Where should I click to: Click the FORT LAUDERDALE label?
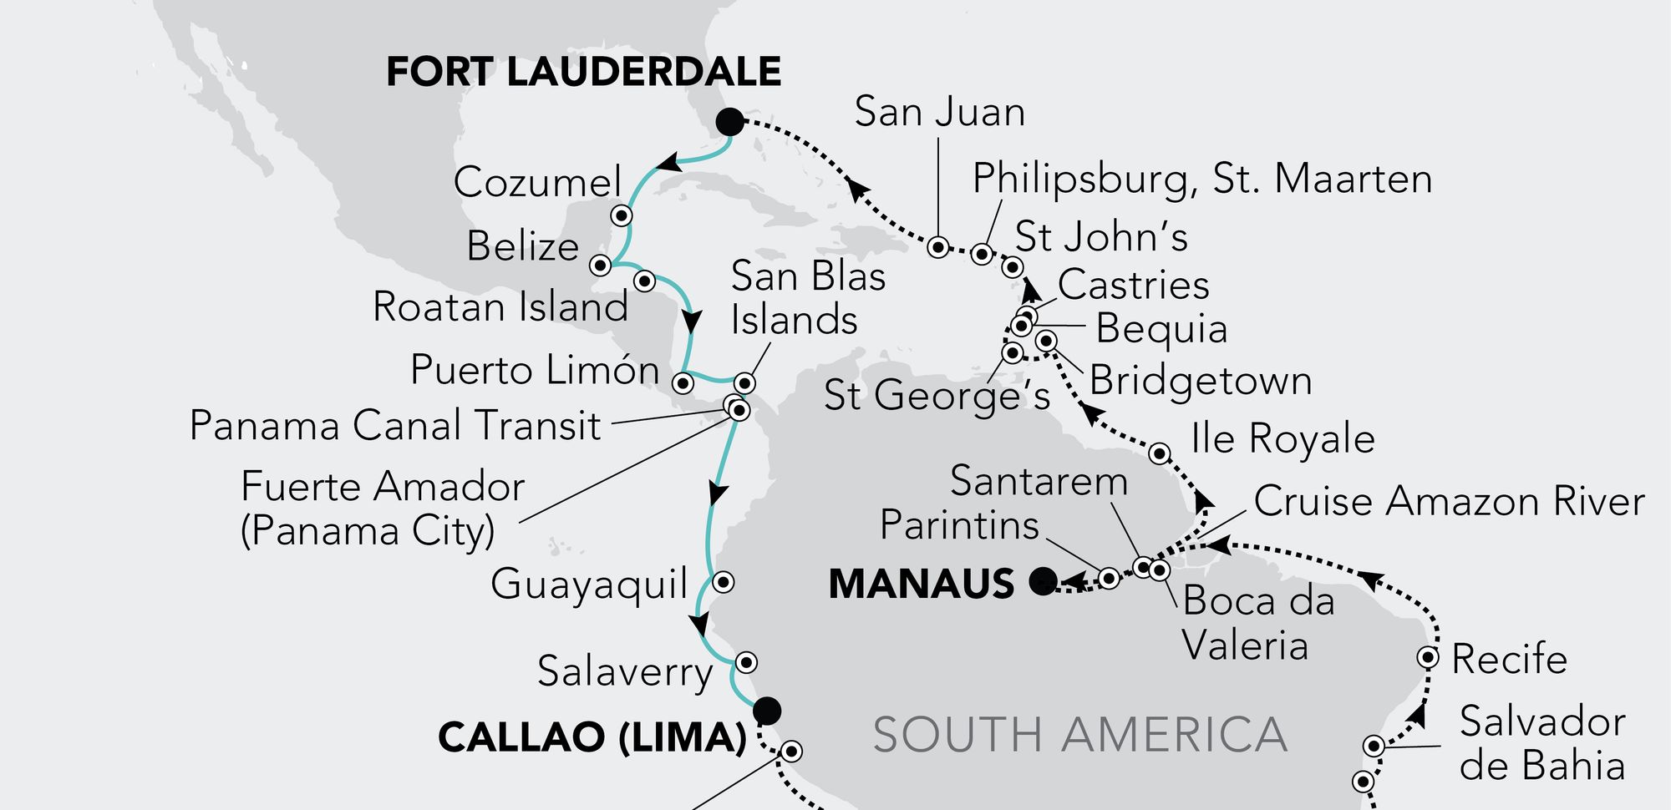583,72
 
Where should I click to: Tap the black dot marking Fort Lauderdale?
729,122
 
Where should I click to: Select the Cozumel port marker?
622,215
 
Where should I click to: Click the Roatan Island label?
500,306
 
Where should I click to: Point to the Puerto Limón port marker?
683,383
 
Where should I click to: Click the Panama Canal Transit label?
395,426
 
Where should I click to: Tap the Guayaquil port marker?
724,581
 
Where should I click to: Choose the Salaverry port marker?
746,662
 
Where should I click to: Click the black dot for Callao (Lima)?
766,711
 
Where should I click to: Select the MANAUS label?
921,584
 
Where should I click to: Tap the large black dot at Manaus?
1043,580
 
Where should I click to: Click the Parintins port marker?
1108,578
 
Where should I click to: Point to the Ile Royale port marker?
1159,453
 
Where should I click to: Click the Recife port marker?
1428,657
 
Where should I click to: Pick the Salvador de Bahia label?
1541,743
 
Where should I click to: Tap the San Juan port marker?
938,246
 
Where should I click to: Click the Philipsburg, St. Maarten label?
1202,180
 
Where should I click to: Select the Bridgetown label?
1201,381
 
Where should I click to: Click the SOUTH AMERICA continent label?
1079,735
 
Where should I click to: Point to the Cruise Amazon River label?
1449,502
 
